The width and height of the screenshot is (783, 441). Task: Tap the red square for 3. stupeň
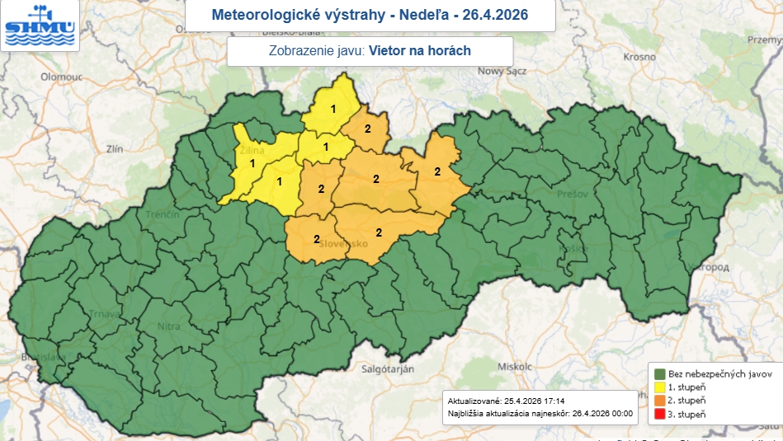click(658, 413)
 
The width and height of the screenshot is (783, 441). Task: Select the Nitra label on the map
click(168, 326)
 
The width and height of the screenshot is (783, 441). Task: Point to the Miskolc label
click(513, 366)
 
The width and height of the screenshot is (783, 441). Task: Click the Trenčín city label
click(163, 214)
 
